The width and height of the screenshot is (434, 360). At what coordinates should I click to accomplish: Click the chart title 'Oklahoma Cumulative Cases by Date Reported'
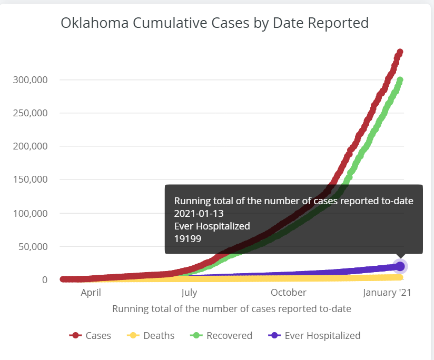(214, 23)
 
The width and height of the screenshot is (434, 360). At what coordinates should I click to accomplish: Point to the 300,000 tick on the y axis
(30, 80)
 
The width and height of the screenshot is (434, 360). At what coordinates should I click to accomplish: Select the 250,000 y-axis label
(30, 113)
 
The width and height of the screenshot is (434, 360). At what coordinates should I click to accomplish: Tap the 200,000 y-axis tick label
(30, 146)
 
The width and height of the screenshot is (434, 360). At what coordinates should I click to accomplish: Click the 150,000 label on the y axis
(30, 179)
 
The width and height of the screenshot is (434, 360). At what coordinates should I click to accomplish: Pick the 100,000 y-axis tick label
(30, 214)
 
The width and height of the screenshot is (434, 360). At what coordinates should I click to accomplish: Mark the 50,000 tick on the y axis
(33, 247)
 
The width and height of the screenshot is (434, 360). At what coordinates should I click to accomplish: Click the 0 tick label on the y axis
(45, 280)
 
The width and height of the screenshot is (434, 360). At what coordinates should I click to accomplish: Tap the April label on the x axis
(91, 293)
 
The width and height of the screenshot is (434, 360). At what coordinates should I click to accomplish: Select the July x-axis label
(190, 293)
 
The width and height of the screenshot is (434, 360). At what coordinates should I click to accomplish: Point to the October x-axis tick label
(289, 293)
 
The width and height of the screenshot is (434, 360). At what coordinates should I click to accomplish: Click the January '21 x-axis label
(387, 293)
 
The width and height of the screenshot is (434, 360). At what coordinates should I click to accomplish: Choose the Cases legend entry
(90, 336)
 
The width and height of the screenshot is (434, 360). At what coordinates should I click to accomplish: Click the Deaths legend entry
(151, 336)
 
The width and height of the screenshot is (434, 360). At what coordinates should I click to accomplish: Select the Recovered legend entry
(221, 336)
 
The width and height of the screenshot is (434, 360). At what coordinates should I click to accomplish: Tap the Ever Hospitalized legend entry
(314, 336)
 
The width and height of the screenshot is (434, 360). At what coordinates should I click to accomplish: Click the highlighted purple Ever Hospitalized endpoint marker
(400, 266)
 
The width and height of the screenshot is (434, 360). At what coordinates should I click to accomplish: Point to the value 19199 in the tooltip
(188, 239)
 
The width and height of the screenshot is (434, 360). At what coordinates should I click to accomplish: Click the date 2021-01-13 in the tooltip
(199, 214)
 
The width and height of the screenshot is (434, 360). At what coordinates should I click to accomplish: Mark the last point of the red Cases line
(400, 52)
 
